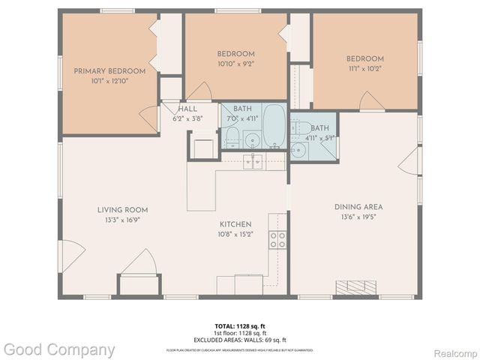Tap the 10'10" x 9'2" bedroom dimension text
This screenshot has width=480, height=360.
tap(235, 64)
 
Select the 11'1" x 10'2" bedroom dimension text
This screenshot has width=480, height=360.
tap(364, 68)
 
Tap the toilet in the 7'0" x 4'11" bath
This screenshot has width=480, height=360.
tap(232, 137)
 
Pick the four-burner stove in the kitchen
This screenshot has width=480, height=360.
tap(277, 239)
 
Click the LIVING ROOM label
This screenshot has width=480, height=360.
tap(121, 210)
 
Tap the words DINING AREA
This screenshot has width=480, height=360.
tap(358, 207)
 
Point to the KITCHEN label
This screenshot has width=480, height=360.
tap(235, 224)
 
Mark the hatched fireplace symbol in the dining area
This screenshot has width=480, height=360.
tap(356, 287)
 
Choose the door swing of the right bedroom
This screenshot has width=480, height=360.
tap(371, 101)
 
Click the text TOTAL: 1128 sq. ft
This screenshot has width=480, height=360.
tap(240, 326)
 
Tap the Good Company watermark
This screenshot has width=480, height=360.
tap(59, 349)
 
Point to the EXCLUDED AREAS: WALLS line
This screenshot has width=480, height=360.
tap(240, 340)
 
